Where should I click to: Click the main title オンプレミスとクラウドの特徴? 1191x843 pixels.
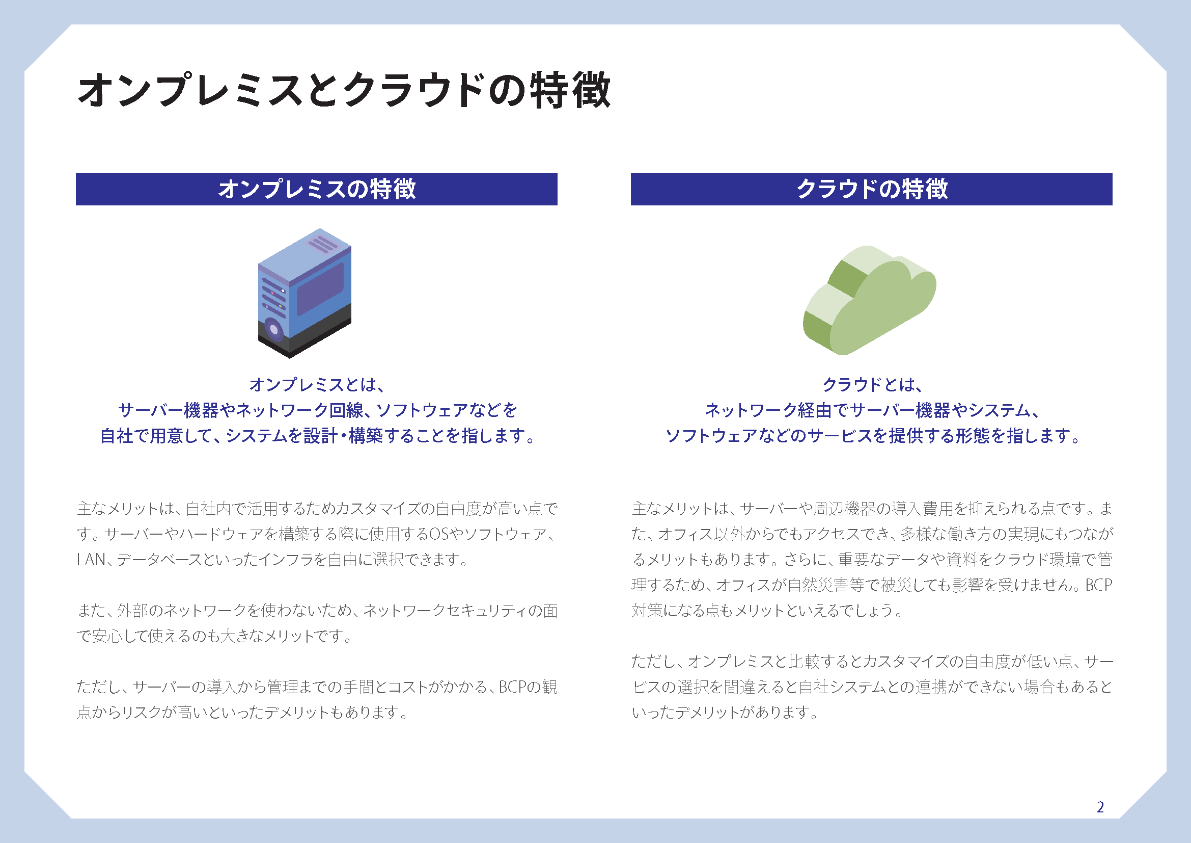point(344,90)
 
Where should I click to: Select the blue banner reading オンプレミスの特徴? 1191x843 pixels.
point(316,189)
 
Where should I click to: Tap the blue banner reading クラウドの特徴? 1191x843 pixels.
point(871,189)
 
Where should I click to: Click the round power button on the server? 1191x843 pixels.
point(273,329)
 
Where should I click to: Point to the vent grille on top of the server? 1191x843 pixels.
point(323,243)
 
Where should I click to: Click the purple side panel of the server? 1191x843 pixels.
point(320,288)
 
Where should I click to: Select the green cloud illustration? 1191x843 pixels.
point(869,300)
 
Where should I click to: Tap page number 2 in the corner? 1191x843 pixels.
point(1100,807)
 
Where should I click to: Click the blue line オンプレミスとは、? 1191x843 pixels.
point(316,385)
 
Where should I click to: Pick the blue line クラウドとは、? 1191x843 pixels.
point(872,385)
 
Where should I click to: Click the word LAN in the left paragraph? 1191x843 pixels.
point(91,559)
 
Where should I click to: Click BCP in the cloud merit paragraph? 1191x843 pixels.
point(1099,585)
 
